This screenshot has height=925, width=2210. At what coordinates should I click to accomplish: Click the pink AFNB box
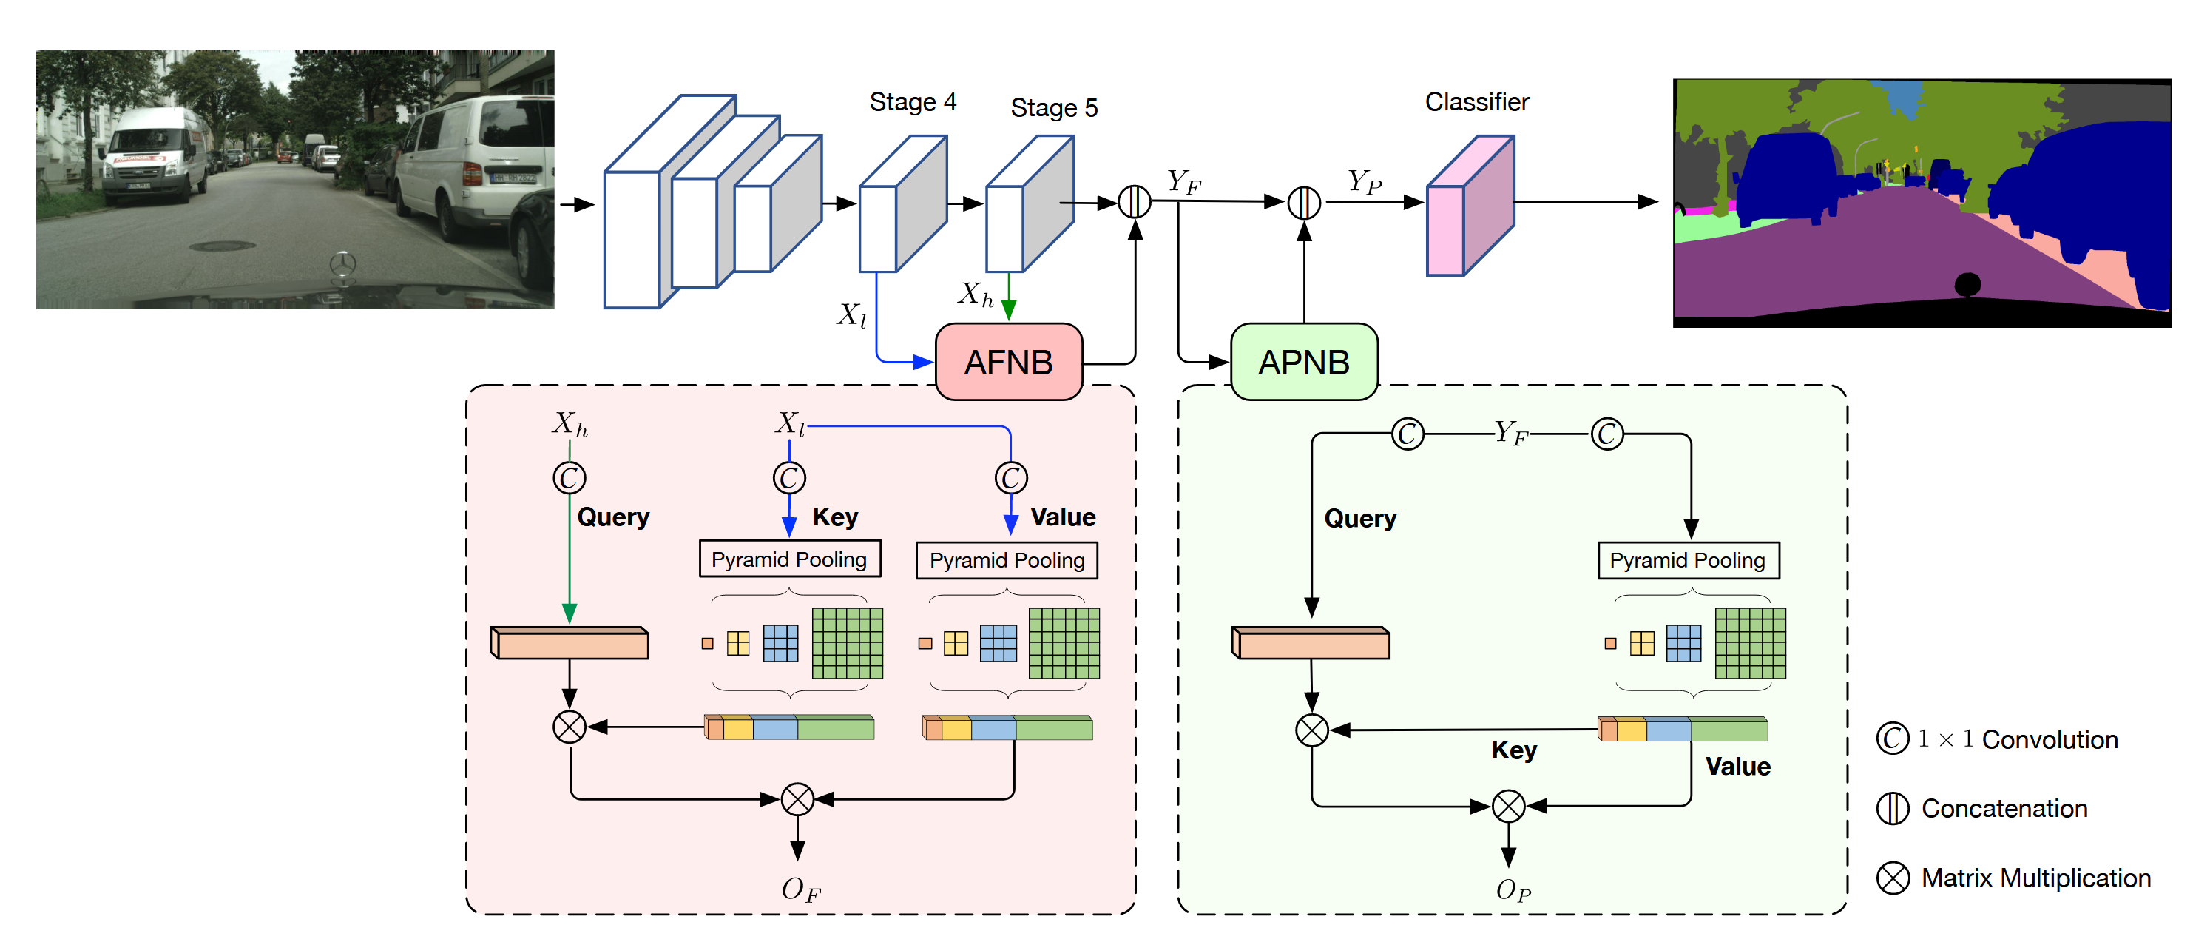pos(1008,362)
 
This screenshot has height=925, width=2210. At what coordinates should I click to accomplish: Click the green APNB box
pos(1303,362)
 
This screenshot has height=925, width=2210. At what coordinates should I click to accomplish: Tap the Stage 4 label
pos(913,102)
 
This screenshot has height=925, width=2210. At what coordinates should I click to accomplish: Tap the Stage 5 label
pos(1053,108)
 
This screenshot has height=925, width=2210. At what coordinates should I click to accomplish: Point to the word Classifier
pos(1476,102)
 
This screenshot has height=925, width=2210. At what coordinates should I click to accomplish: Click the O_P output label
pos(1513,891)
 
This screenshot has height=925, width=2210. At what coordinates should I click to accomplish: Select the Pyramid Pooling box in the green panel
pos(1688,560)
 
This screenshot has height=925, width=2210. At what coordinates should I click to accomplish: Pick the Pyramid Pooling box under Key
pos(789,559)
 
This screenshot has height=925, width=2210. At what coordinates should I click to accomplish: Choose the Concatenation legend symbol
pos(1893,808)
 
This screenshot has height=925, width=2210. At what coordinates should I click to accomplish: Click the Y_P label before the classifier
pos(1364,181)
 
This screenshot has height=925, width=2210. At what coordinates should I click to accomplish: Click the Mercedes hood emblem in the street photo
pos(342,264)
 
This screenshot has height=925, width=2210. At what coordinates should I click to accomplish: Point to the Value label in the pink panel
pos(1063,517)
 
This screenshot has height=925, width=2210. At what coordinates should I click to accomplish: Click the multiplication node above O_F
pos(797,799)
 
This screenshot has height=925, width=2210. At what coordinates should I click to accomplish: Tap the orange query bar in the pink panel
pos(570,643)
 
